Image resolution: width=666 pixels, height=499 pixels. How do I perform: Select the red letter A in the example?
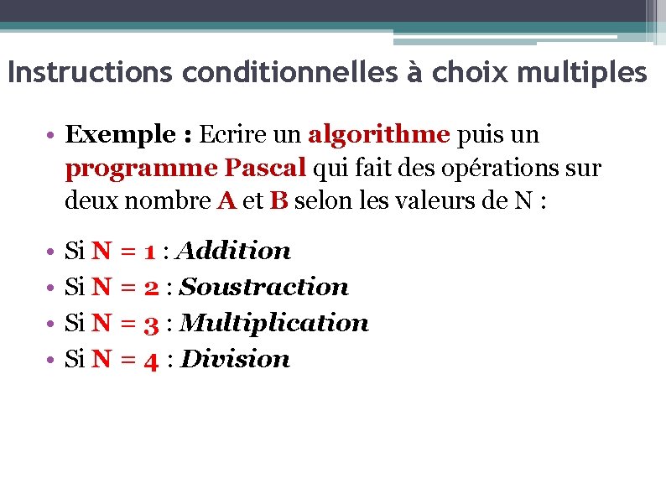pyautogui.click(x=226, y=202)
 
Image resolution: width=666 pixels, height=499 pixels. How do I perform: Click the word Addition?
pyautogui.click(x=236, y=250)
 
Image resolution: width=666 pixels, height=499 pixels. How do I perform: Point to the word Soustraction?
pyautogui.click(x=264, y=287)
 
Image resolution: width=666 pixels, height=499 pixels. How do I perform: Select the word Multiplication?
pyautogui.click(x=274, y=323)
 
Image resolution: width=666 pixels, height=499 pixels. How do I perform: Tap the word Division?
pyautogui.click(x=236, y=359)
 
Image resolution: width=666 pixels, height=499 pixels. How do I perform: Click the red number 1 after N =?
pyautogui.click(x=149, y=251)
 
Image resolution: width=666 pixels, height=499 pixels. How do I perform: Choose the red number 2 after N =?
pyautogui.click(x=151, y=287)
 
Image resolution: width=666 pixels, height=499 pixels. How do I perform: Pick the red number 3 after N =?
pyautogui.click(x=151, y=323)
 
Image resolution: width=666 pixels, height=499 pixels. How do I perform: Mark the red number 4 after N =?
pyautogui.click(x=151, y=360)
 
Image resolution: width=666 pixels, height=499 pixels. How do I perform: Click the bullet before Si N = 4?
pyautogui.click(x=52, y=360)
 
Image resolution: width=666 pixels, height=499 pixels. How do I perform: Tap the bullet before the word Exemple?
pyautogui.click(x=52, y=135)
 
